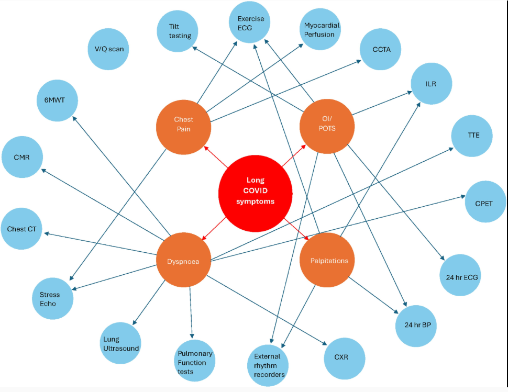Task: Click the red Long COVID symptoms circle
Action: tap(255, 194)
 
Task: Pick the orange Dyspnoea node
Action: tap(183, 261)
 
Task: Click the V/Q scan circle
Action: tap(109, 50)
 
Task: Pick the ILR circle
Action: tap(431, 84)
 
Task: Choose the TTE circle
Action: tap(473, 136)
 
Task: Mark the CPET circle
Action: tap(485, 202)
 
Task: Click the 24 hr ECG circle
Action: tap(459, 276)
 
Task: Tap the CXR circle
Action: tap(344, 359)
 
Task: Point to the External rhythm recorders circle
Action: tap(267, 365)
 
